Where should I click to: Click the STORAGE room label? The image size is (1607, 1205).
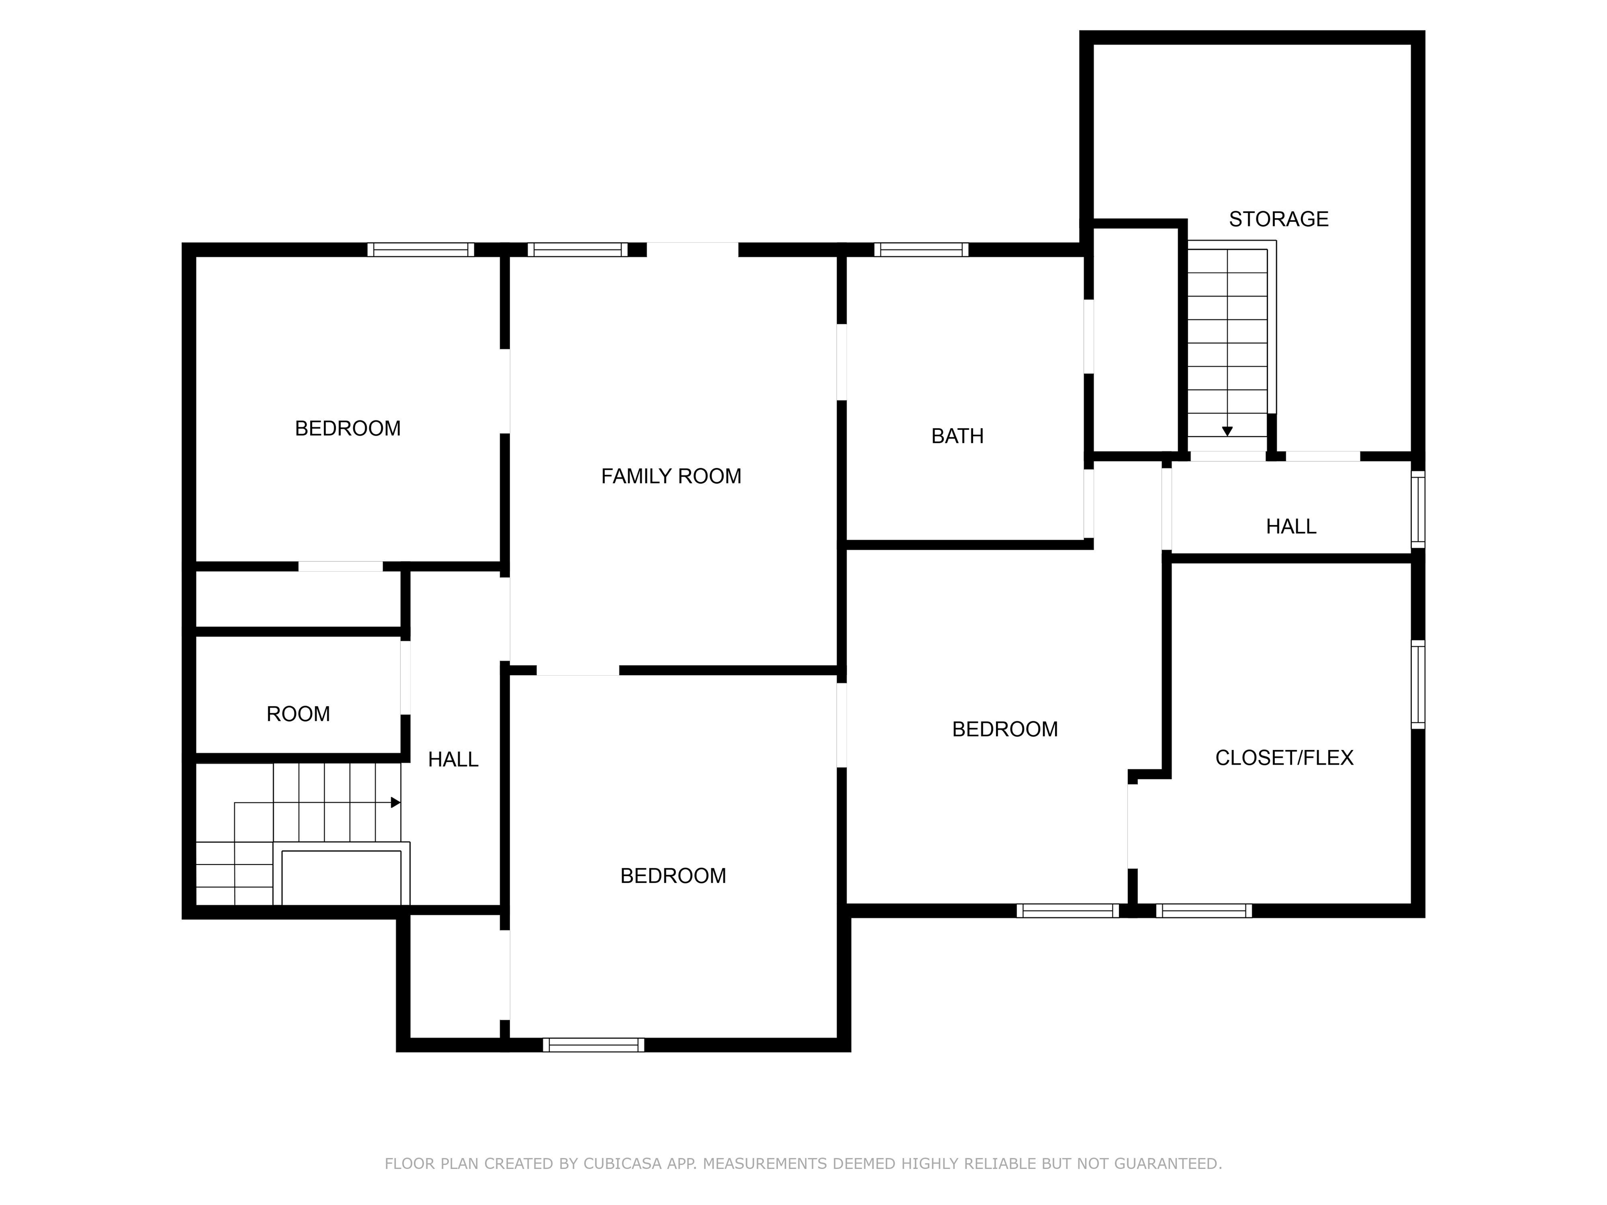pyautogui.click(x=1278, y=219)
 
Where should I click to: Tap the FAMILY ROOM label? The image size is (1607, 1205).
pyautogui.click(x=671, y=476)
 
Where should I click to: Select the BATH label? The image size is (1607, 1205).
pyautogui.click(x=957, y=436)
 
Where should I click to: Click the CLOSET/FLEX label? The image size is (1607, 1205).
pyautogui.click(x=1284, y=758)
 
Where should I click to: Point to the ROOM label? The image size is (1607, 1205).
pyautogui.click(x=298, y=714)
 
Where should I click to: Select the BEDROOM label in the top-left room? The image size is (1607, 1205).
pyautogui.click(x=347, y=428)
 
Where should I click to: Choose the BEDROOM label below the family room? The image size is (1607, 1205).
pyautogui.click(x=673, y=876)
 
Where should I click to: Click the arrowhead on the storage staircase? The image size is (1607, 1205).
pyautogui.click(x=1227, y=431)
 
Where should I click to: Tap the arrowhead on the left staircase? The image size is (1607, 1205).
pyautogui.click(x=395, y=803)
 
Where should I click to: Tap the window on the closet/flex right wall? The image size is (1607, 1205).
pyautogui.click(x=1418, y=684)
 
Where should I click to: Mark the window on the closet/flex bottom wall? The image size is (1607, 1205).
pyautogui.click(x=1203, y=911)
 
